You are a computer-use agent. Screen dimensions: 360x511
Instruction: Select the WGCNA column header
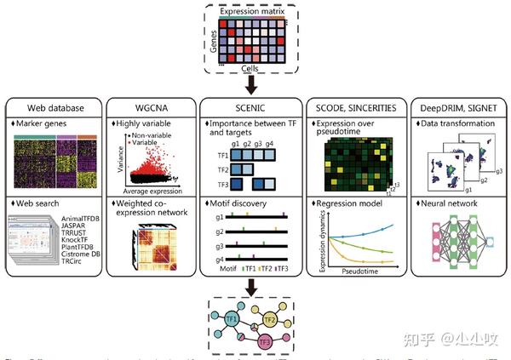[150, 109]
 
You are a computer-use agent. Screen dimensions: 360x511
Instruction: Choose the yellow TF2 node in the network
[269, 320]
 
